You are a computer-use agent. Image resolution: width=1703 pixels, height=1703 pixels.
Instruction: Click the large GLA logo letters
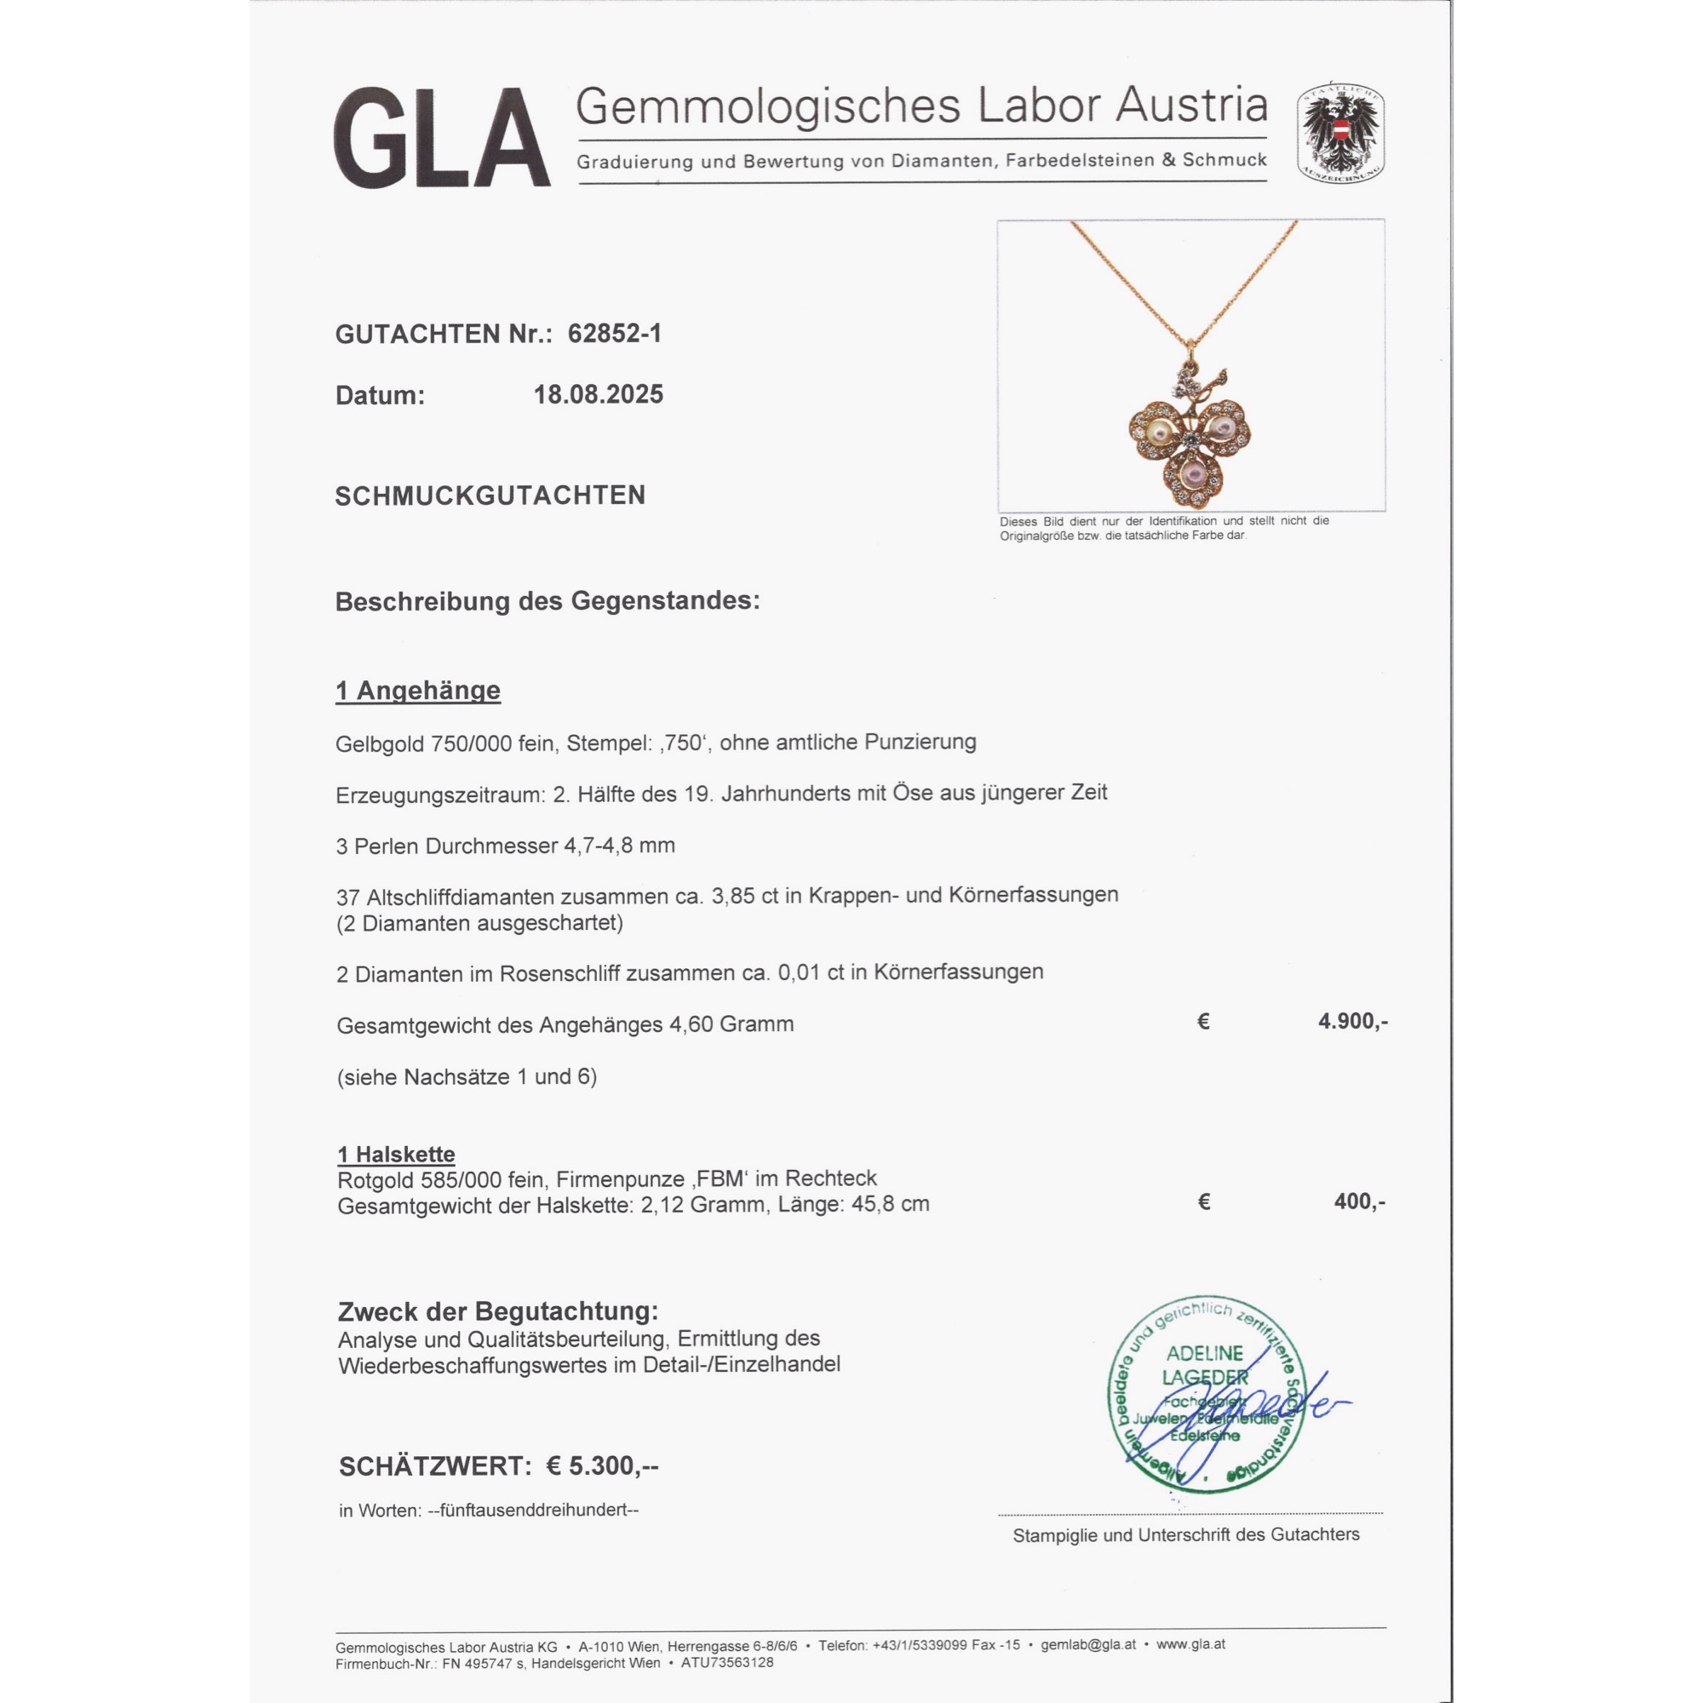(441, 139)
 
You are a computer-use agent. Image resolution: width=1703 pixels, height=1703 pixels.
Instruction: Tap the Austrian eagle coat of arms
(1339, 135)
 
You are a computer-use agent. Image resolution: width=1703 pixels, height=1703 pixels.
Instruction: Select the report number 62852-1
(615, 334)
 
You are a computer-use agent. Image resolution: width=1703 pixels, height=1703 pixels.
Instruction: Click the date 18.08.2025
(599, 395)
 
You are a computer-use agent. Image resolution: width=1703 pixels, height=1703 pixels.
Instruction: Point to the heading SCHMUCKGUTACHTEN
(490, 496)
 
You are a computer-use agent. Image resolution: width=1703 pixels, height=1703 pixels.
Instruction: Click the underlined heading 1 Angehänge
(418, 691)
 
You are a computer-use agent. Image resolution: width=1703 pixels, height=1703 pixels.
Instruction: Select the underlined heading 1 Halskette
(397, 1154)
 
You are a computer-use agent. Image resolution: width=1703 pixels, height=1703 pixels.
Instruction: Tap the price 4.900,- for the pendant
(1352, 1021)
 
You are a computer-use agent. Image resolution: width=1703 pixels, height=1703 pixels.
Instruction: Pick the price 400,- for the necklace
(1359, 1201)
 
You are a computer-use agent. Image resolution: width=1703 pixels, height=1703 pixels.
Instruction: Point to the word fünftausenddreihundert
(532, 1510)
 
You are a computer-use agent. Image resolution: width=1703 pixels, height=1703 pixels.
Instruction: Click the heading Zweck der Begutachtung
(498, 1311)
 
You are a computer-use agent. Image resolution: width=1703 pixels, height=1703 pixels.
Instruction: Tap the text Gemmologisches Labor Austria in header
(921, 106)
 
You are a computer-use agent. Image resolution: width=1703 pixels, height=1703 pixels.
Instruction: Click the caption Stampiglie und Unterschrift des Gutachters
(1185, 1534)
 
